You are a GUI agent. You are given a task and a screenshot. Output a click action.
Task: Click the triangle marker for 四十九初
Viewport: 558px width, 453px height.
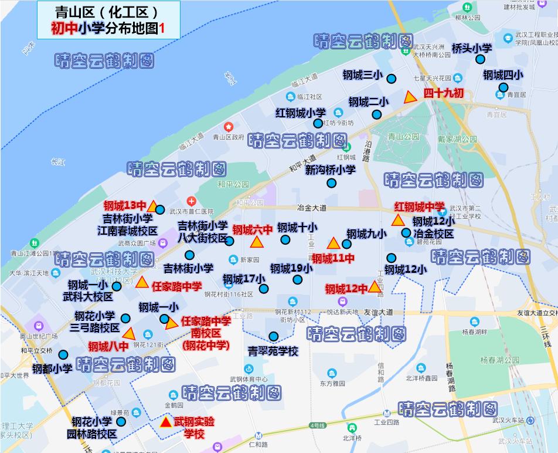pyautogui.click(x=410, y=97)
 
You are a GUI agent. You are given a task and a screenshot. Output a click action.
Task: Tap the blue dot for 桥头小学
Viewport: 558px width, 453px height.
pyautogui.click(x=480, y=59)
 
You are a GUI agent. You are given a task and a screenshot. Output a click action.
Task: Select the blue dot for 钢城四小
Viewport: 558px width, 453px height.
pyautogui.click(x=503, y=87)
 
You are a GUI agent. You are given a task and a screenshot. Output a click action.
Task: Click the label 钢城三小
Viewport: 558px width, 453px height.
pyautogui.click(x=362, y=75)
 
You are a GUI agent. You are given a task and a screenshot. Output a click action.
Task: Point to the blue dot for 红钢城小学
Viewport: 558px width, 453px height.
pyautogui.click(x=318, y=123)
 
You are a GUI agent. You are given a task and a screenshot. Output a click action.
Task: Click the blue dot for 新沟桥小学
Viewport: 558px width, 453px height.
pyautogui.click(x=331, y=182)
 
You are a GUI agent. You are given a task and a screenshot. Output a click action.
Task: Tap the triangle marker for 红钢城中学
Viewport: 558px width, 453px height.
pyautogui.click(x=397, y=221)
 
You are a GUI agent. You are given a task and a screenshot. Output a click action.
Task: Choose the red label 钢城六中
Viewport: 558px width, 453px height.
pyautogui.click(x=253, y=229)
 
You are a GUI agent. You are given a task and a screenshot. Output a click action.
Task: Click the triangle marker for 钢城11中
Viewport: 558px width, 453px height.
pyautogui.click(x=333, y=244)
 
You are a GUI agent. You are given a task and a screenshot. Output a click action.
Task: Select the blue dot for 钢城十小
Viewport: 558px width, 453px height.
pyautogui.click(x=285, y=239)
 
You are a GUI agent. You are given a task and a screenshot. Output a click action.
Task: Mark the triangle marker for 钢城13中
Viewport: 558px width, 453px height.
pyautogui.click(x=152, y=207)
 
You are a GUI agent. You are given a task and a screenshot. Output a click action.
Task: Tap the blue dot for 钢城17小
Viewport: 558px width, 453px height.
pyautogui.click(x=264, y=289)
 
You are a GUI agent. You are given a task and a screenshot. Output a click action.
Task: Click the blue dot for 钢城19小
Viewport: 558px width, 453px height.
pyautogui.click(x=298, y=279)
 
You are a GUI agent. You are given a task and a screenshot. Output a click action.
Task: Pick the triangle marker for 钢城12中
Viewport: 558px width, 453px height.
pyautogui.click(x=375, y=287)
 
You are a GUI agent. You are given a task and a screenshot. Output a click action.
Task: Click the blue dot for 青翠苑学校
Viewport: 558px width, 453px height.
pyautogui.click(x=273, y=336)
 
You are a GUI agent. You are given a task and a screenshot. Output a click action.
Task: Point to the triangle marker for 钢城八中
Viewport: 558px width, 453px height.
pyautogui.click(x=129, y=334)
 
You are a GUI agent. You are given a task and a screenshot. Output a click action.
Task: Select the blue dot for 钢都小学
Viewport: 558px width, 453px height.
pyautogui.click(x=63, y=355)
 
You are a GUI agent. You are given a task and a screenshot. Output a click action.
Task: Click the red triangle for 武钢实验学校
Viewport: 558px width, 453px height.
pyautogui.click(x=166, y=422)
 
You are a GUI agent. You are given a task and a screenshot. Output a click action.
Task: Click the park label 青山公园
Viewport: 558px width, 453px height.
pyautogui.click(x=404, y=136)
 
